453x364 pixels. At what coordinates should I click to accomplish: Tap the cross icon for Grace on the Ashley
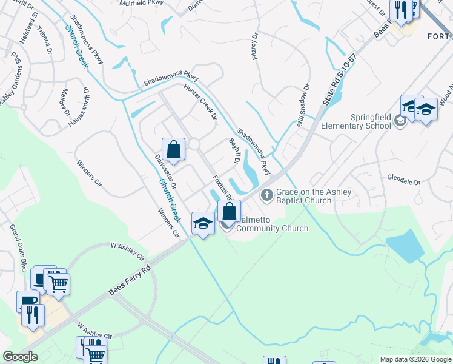265,195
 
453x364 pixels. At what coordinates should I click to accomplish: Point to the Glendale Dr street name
404,182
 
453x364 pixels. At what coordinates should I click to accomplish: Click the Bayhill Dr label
233,150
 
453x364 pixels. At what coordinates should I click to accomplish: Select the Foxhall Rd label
222,188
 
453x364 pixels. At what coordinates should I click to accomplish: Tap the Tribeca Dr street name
45,40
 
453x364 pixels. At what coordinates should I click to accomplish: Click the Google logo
21,357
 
